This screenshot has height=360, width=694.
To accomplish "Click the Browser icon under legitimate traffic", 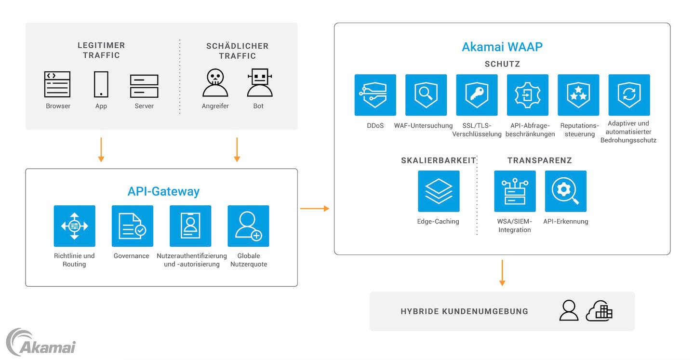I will [57, 85].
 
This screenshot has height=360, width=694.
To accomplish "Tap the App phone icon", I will [101, 85].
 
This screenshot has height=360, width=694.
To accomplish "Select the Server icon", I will [144, 86].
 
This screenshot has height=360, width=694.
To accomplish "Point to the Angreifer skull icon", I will [215, 83].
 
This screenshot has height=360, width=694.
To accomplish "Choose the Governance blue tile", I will [133, 226].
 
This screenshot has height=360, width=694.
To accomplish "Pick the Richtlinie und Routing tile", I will [75, 226].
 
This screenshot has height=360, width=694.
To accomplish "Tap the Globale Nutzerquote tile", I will [248, 226].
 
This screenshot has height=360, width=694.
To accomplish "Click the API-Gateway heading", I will [163, 191].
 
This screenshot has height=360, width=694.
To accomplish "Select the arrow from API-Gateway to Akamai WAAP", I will [315, 208].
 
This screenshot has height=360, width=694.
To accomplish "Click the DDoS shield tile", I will [375, 95].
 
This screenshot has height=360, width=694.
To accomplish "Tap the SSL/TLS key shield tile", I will [477, 95].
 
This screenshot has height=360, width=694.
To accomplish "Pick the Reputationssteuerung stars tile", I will [578, 95].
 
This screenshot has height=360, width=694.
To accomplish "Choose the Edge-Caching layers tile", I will [439, 191].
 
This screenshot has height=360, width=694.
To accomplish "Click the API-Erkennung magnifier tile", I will [566, 191].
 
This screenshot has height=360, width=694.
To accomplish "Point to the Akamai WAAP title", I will [502, 47].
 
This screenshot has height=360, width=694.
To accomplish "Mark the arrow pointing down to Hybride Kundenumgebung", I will [502, 273].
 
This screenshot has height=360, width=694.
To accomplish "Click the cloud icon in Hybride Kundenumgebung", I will [599, 311].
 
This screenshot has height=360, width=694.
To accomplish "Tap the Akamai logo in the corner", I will [40, 343].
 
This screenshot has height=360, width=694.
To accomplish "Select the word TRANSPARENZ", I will [539, 160].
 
